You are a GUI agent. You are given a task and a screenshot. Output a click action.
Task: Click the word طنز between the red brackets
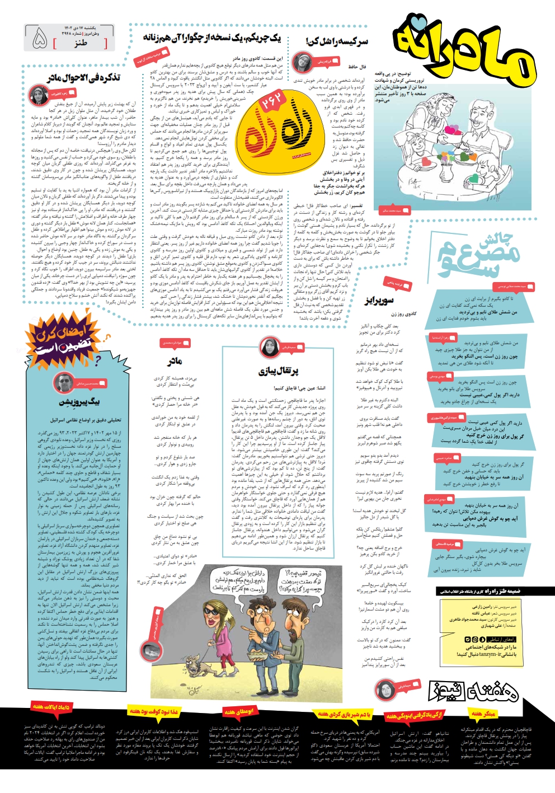point(81,43)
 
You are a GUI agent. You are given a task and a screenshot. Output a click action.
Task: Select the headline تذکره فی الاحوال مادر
point(83,77)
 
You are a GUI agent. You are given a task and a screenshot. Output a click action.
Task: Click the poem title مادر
point(175,362)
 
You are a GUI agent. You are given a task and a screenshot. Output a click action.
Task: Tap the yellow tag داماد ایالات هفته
point(50,708)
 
